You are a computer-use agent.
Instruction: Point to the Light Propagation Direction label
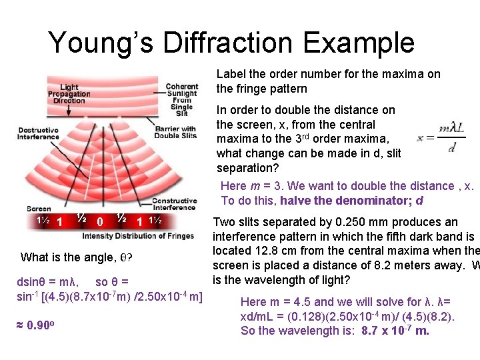click(x=69, y=94)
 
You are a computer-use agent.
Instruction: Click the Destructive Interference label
click(x=39, y=133)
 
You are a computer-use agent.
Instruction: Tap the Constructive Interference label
click(x=175, y=204)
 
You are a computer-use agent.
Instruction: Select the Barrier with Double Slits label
click(x=175, y=132)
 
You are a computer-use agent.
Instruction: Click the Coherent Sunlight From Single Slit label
click(x=182, y=101)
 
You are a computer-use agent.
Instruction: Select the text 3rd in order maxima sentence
click(x=303, y=139)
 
